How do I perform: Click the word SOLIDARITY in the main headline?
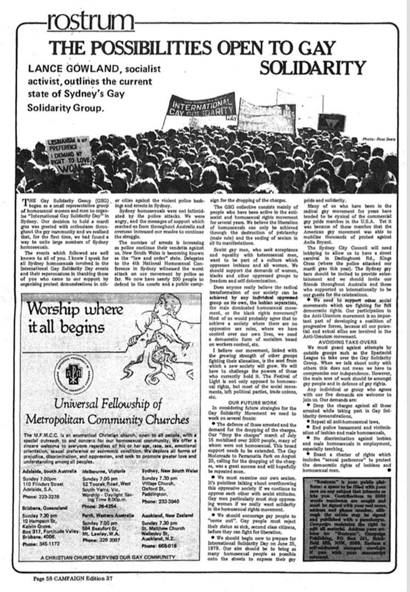coord(313,67)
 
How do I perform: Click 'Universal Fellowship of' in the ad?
coord(108,404)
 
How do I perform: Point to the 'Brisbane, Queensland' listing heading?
coord(44,508)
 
